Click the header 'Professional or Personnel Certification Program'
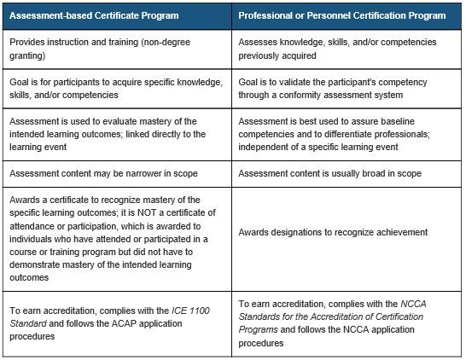[341, 16]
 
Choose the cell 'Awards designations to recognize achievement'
[333, 232]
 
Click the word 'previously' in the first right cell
[259, 55]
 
